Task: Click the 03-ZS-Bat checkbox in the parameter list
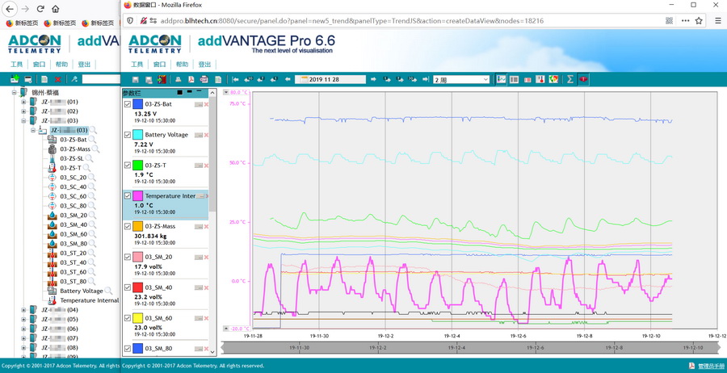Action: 128,104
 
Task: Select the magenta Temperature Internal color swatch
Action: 138,196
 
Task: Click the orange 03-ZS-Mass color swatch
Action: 138,227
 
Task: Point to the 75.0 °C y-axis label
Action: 237,103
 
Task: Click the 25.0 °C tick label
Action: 237,222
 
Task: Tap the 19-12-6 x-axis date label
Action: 517,336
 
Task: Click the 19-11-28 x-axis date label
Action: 253,336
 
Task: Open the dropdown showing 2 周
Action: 461,79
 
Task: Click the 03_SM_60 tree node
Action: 74,234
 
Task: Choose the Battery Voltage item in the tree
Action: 82,291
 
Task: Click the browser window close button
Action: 714,5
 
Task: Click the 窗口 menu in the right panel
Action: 160,65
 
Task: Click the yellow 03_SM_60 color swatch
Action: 138,318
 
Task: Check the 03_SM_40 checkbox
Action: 128,287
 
